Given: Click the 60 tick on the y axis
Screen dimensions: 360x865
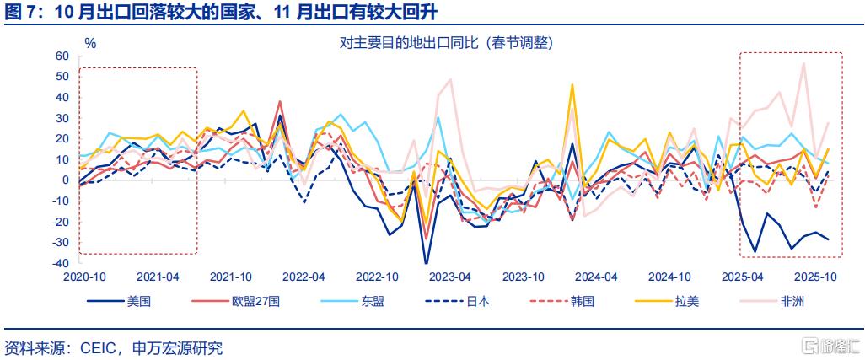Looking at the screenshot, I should pos(61,56).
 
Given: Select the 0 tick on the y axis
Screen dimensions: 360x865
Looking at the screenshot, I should pos(64,180).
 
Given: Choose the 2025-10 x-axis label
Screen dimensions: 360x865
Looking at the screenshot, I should pos(817,277).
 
